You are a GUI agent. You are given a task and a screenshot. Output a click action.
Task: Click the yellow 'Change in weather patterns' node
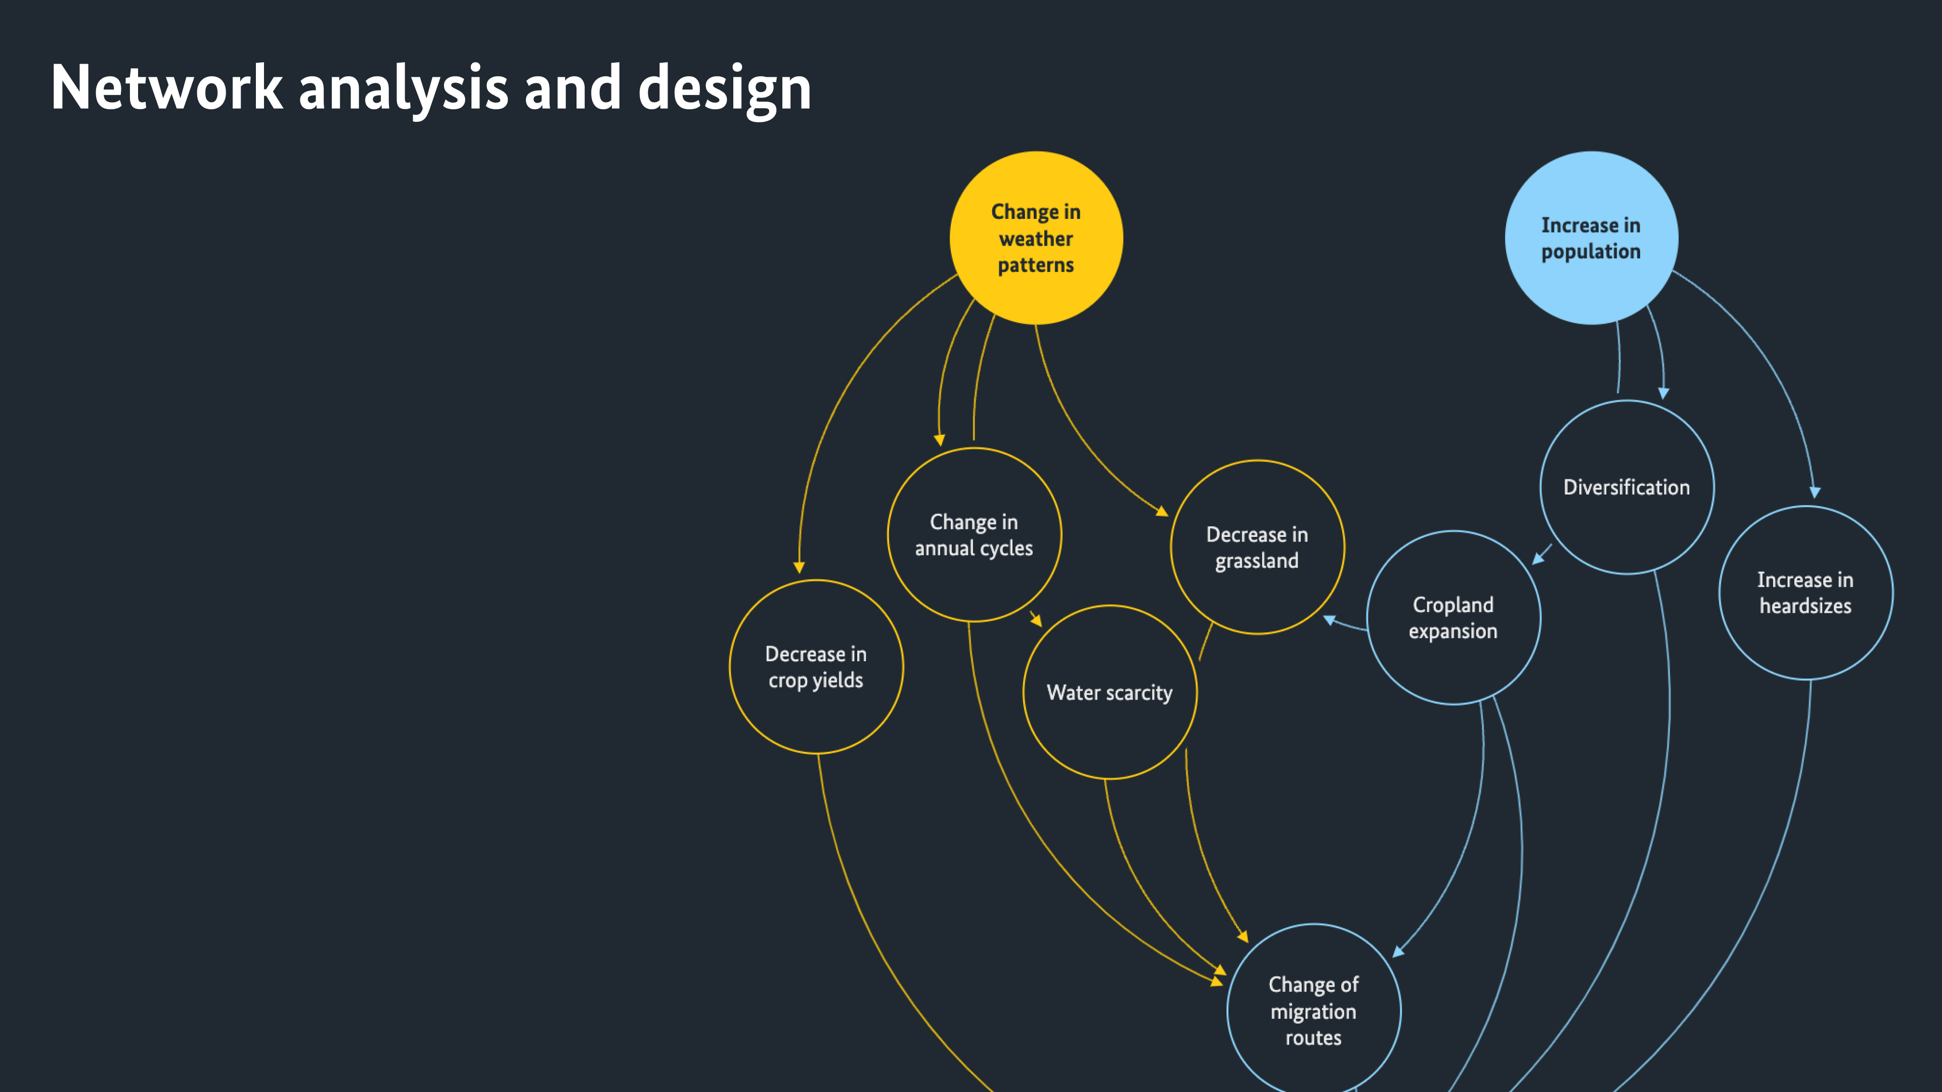[1036, 238]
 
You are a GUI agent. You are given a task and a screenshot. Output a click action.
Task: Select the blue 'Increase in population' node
[1591, 238]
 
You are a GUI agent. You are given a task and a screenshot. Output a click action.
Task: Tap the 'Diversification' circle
[1626, 487]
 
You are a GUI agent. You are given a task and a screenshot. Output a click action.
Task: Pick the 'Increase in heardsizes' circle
[1805, 593]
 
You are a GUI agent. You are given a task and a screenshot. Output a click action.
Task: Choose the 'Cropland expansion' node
[1453, 617]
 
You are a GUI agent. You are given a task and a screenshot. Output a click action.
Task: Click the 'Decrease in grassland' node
[1257, 547]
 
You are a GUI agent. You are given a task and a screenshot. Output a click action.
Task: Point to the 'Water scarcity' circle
[1109, 692]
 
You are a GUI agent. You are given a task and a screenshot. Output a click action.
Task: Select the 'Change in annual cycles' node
[974, 534]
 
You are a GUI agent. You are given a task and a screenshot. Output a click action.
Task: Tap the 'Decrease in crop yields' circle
[816, 666]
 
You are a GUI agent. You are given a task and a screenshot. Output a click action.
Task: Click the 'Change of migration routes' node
[1313, 1010]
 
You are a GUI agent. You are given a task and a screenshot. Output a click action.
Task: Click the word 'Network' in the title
[166, 88]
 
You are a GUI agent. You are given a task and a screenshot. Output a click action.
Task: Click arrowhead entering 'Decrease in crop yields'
[799, 567]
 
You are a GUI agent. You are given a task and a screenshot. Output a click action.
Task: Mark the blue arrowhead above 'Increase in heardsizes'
[1815, 492]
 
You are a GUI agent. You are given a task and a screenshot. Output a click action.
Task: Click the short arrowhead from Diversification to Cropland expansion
[1538, 559]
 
